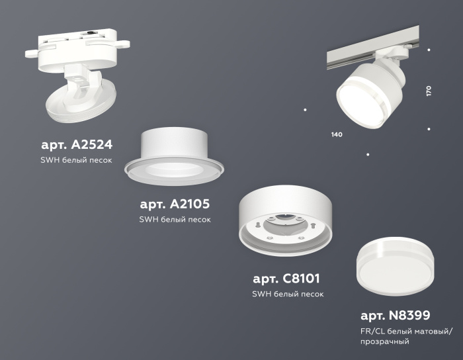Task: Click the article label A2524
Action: [76, 145]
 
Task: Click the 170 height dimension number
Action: [429, 91]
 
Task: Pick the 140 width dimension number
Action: [336, 135]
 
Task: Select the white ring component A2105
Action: [174, 158]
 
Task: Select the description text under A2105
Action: [175, 220]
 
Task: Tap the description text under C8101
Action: [287, 294]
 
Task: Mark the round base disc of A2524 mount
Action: [78, 106]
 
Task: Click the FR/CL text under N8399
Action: [370, 330]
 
